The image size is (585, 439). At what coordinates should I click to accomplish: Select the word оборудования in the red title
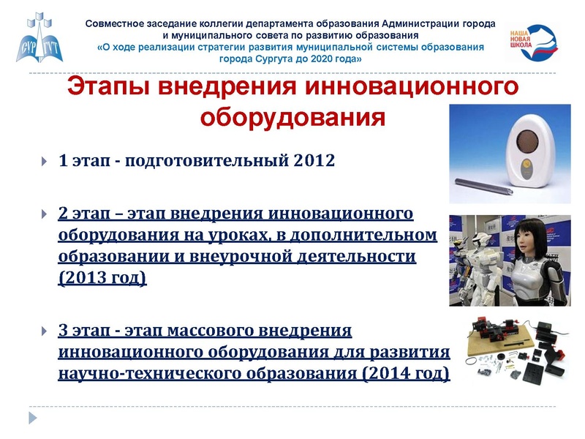(x=292, y=116)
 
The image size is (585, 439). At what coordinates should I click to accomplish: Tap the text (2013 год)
(x=102, y=279)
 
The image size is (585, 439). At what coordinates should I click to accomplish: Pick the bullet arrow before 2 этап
(x=45, y=214)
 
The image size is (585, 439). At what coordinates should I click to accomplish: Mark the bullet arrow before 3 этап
(x=45, y=331)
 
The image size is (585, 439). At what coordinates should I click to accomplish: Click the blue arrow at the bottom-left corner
(x=32, y=418)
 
